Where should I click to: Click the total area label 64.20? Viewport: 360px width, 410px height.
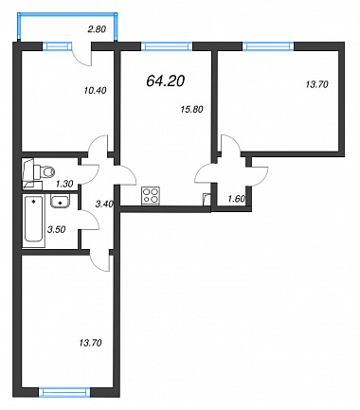coord(165,81)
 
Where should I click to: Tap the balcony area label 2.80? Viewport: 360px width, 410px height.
coord(97,29)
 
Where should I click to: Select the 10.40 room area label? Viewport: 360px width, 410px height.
coord(95,91)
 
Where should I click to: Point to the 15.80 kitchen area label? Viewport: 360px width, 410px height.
coord(191,109)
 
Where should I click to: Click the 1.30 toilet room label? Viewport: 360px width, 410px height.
coord(64,183)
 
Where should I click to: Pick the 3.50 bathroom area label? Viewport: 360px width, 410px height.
coord(56,229)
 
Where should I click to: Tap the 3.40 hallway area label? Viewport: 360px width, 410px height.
coord(104,204)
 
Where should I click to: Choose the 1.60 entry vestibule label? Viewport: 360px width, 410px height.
coord(237,199)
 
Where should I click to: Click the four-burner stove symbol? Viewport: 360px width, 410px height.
coord(151,195)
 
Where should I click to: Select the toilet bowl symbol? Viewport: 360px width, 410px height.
coord(45,172)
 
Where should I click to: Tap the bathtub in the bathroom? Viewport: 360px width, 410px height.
coord(33,221)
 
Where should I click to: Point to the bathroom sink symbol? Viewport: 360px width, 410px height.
coord(60,201)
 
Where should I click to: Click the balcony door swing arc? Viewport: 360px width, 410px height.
coord(81,60)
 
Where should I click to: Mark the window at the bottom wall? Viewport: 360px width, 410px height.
coord(64,392)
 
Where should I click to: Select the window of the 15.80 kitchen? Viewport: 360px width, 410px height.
coord(167,46)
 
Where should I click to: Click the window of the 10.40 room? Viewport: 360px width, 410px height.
coord(55,46)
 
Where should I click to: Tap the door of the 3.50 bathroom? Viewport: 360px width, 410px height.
coord(89,219)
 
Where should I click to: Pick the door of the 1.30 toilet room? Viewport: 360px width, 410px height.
coord(89,173)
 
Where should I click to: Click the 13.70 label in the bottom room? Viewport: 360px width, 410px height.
coord(90,343)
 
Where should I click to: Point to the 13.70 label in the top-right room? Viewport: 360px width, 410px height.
coord(317,84)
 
